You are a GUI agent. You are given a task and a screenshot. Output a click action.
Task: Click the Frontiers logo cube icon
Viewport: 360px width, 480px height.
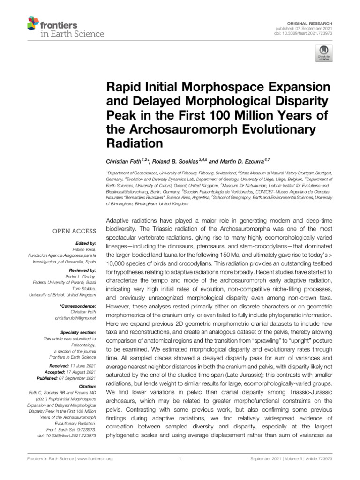32,23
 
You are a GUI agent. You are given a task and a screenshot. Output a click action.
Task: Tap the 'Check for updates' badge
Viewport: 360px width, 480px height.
323,54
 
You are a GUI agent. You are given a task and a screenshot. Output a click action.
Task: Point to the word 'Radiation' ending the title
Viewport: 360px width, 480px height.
137,142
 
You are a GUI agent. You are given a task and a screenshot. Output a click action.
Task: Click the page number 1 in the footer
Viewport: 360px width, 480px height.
180,459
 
